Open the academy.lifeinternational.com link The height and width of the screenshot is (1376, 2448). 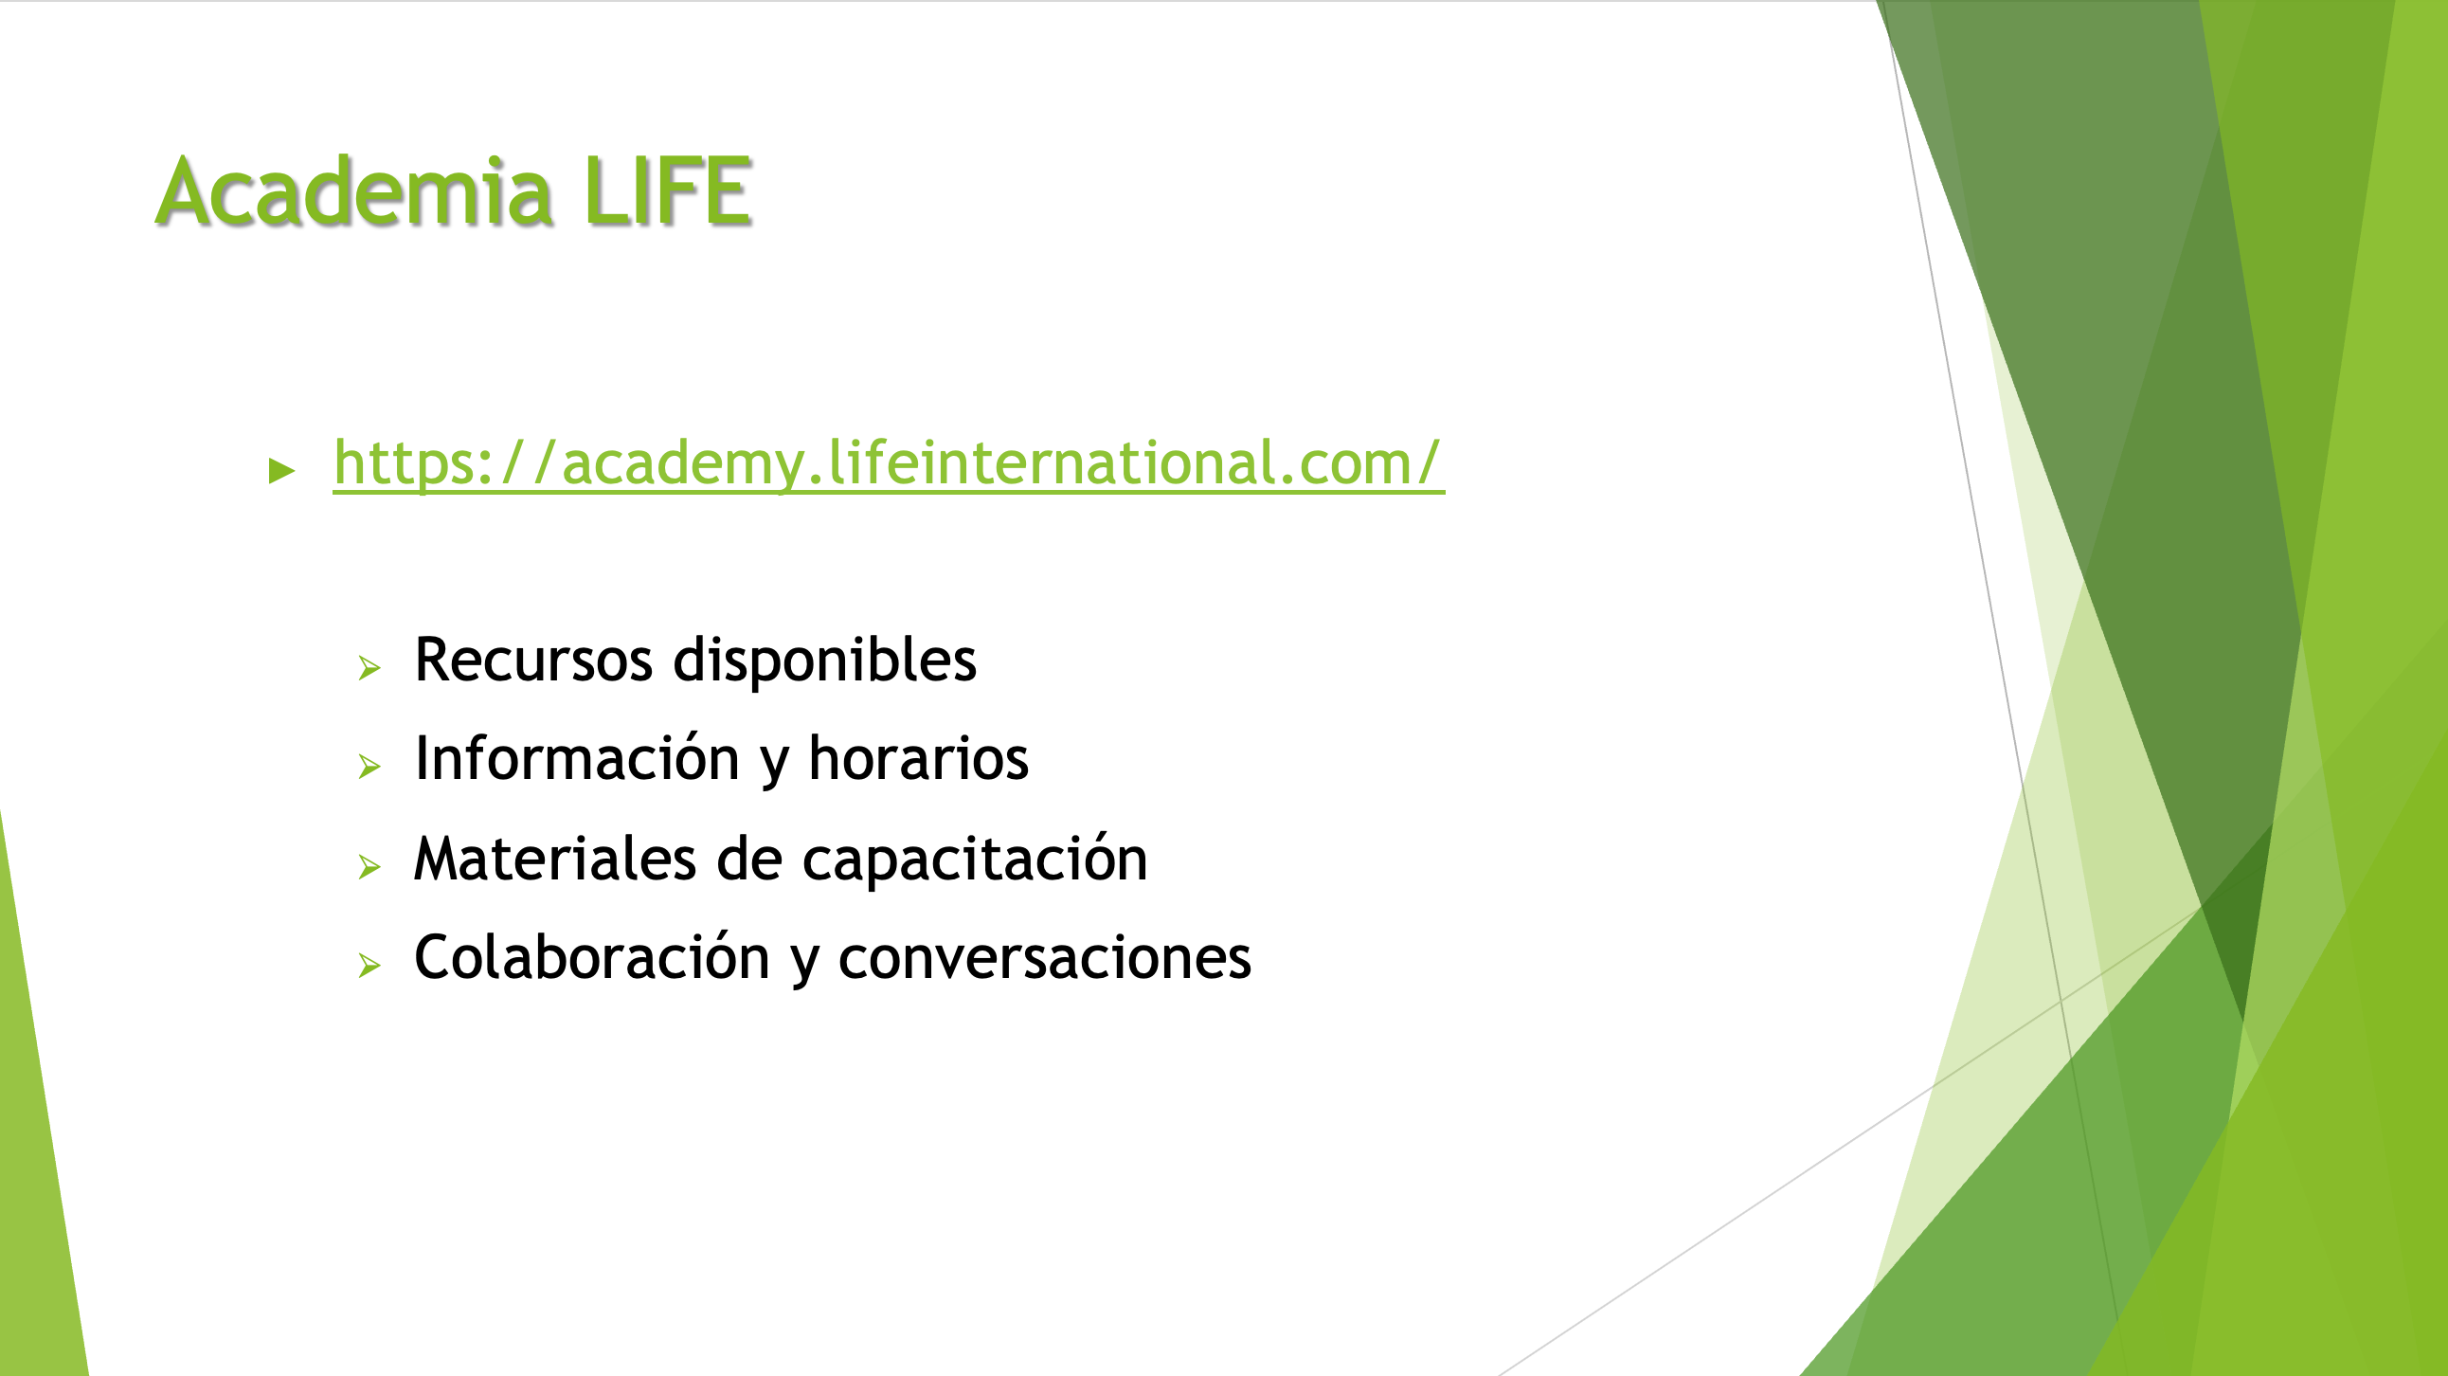coord(889,463)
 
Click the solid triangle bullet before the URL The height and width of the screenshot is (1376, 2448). coord(282,469)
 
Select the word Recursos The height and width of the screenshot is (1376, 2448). coord(534,660)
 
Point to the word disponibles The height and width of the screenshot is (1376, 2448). coord(825,660)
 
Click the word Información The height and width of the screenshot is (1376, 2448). coord(577,757)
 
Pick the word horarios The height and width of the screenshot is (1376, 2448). coord(918,757)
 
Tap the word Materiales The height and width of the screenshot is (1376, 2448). coord(555,858)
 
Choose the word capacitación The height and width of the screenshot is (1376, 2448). coord(975,858)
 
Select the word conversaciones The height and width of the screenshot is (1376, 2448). coord(1044,957)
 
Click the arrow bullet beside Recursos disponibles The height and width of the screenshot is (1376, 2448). coord(369,668)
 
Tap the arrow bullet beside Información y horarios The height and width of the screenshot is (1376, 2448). coord(369,766)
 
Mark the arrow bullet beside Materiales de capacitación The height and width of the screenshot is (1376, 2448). coord(369,866)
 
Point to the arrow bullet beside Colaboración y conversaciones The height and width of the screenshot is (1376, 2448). coord(369,966)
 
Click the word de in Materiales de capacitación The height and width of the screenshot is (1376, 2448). coord(748,858)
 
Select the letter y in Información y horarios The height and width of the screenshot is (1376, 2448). coord(775,764)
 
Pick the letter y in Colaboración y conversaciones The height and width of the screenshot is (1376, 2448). coord(804,964)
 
